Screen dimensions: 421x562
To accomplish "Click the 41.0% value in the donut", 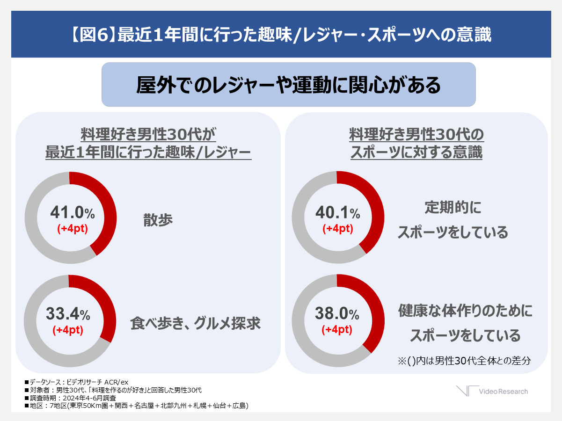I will (x=72, y=213).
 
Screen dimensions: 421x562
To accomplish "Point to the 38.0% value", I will (x=337, y=313).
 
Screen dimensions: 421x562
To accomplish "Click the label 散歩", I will (x=158, y=220).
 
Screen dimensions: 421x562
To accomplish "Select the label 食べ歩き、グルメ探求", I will (x=195, y=323).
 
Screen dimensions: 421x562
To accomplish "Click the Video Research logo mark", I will (x=467, y=391).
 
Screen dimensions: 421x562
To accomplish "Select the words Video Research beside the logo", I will (x=503, y=392).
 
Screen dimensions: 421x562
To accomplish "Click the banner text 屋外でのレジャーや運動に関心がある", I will (x=288, y=85).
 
